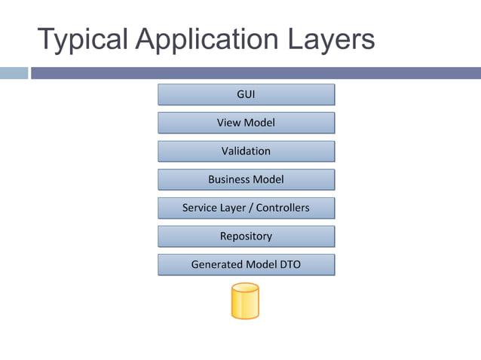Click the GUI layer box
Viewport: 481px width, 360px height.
[246, 94]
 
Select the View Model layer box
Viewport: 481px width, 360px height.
[246, 123]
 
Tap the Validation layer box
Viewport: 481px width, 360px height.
[246, 151]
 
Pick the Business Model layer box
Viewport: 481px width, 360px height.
[246, 179]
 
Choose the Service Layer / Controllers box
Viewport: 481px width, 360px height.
[246, 208]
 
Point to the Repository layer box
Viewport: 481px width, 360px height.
[246, 236]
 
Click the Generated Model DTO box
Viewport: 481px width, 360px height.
[246, 264]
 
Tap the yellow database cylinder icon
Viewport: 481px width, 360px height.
[245, 301]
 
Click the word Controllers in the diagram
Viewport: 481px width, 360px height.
[281, 208]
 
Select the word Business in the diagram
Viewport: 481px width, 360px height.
[230, 179]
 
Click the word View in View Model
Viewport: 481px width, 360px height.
[228, 123]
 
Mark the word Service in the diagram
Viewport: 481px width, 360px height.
[200, 208]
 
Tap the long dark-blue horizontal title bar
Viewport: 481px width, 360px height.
[256, 73]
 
